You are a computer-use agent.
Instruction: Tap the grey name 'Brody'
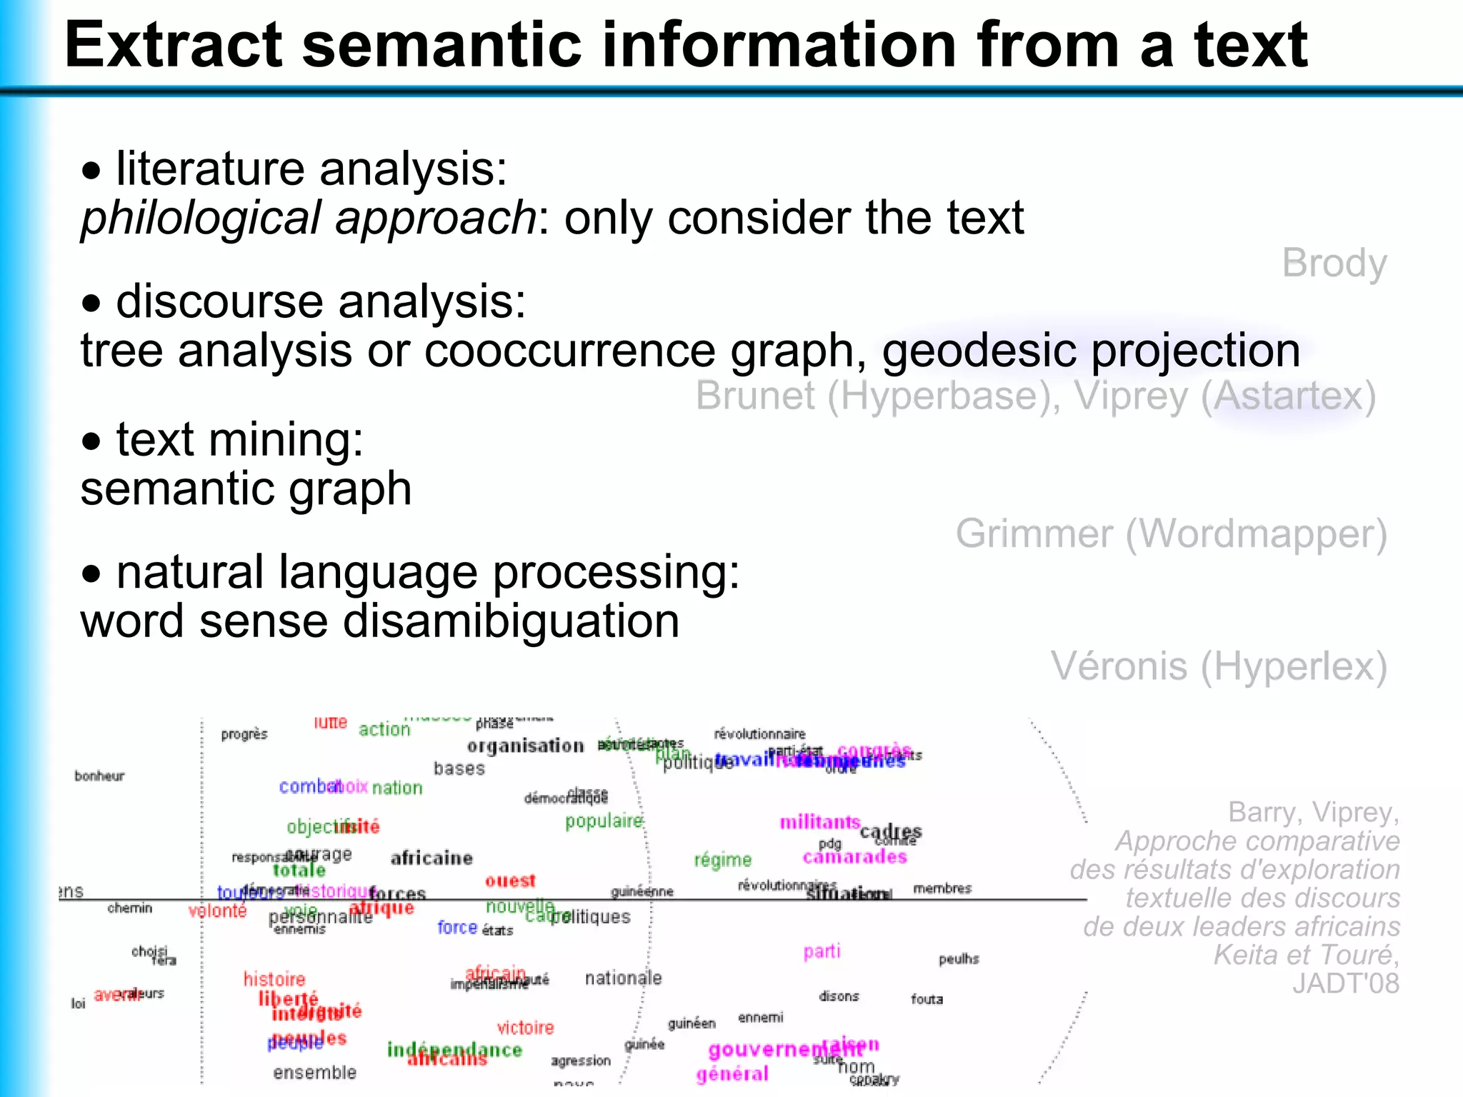(x=1334, y=264)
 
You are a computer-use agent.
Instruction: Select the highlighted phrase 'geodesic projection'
(x=1091, y=351)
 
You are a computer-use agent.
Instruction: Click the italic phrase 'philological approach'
(x=308, y=217)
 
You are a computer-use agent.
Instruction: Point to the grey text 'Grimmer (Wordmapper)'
(x=1171, y=534)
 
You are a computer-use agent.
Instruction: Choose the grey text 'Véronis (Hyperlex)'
(x=1218, y=666)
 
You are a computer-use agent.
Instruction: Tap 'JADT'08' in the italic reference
(x=1345, y=983)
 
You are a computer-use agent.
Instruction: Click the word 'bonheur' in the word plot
(x=99, y=776)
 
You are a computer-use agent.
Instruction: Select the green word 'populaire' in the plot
(x=604, y=821)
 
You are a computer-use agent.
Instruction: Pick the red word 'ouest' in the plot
(x=510, y=881)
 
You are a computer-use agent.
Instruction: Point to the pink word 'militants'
(x=819, y=822)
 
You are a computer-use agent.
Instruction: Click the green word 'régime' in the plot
(x=723, y=860)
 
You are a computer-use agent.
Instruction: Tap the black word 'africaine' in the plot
(x=431, y=858)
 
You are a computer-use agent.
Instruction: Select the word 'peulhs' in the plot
(x=959, y=958)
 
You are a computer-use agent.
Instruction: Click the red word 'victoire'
(x=526, y=1028)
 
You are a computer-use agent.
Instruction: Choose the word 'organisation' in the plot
(x=525, y=746)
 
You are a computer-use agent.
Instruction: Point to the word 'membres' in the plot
(x=942, y=888)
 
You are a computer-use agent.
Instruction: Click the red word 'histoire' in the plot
(x=274, y=979)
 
